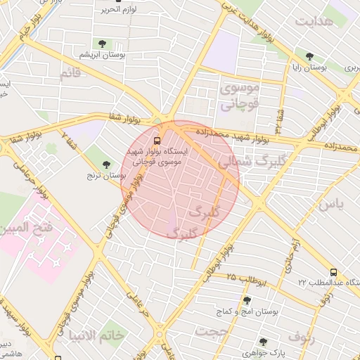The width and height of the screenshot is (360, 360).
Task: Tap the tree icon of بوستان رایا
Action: click(309, 56)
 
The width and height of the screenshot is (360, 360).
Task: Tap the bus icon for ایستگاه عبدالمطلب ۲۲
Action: click(333, 272)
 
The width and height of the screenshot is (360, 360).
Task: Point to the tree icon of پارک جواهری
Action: click(264, 342)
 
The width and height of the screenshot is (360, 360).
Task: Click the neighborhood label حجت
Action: click(212, 330)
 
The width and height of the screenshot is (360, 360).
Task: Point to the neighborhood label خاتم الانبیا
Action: click(96, 335)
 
